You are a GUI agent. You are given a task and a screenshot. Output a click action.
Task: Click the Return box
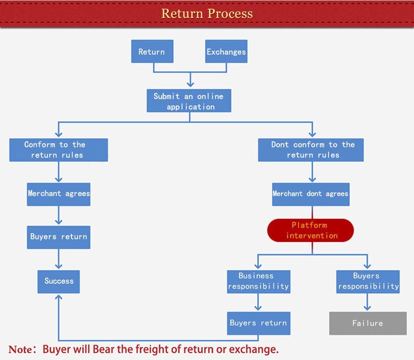click(x=152, y=52)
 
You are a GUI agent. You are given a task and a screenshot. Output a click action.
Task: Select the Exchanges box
click(x=226, y=52)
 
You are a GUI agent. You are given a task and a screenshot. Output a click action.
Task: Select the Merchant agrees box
click(x=59, y=193)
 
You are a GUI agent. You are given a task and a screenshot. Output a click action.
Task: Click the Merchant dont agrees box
click(x=310, y=194)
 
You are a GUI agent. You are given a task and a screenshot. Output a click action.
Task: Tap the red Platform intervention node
click(x=310, y=230)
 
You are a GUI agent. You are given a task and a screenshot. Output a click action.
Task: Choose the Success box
click(x=59, y=281)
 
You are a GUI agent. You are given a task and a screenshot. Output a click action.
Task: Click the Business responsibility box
click(x=258, y=281)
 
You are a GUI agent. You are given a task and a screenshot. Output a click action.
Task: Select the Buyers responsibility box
click(x=368, y=281)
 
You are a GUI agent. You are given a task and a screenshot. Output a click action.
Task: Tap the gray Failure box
click(x=367, y=323)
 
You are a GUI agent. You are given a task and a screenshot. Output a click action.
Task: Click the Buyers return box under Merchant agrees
click(x=59, y=237)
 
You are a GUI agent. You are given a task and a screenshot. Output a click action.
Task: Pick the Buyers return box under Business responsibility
click(x=258, y=323)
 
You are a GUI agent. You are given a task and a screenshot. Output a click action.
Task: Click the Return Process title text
click(x=207, y=13)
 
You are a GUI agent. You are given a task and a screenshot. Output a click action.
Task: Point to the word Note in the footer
click(x=20, y=349)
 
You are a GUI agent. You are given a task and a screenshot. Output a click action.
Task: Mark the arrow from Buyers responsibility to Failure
click(x=367, y=302)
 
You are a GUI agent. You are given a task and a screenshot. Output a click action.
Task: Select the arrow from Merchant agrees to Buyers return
click(x=59, y=215)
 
